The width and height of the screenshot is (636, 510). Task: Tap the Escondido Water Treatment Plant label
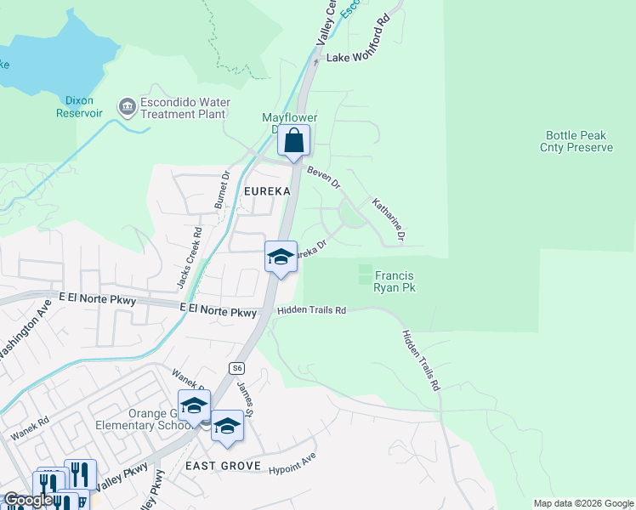pyautogui.click(x=184, y=108)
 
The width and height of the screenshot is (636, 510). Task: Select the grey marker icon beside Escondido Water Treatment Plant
pyautogui.click(x=128, y=106)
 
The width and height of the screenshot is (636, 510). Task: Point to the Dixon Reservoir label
pyautogui.click(x=80, y=106)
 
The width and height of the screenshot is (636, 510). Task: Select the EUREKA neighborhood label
pyautogui.click(x=267, y=191)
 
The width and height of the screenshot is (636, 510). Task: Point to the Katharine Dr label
pyautogui.click(x=389, y=220)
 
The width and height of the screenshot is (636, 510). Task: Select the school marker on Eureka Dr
pyautogui.click(x=280, y=257)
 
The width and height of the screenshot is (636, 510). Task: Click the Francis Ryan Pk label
pyautogui.click(x=394, y=281)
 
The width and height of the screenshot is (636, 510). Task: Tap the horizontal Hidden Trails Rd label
pyautogui.click(x=311, y=311)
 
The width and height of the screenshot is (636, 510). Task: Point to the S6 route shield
pyautogui.click(x=237, y=368)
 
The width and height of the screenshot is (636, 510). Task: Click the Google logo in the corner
pyautogui.click(x=27, y=500)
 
